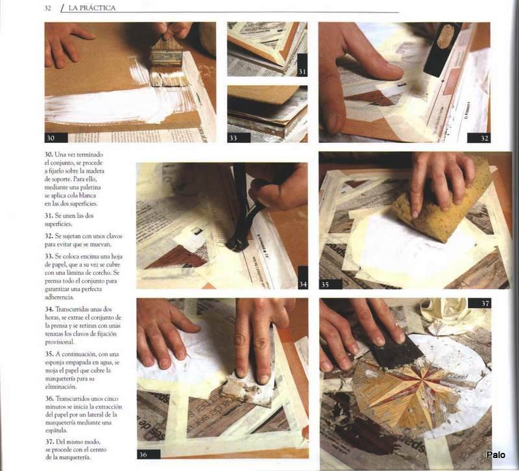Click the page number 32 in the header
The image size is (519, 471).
coord(47,8)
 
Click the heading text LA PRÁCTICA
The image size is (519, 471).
coord(91,8)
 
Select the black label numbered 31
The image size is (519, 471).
coord(302,66)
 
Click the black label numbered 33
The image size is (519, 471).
coord(239,138)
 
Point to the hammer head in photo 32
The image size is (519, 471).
coord(442,49)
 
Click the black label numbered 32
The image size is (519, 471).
coord(479,138)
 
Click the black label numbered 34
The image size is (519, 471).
coord(303,277)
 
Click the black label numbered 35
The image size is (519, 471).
coord(331,285)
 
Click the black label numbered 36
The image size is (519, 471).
coord(149,454)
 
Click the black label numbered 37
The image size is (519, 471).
coord(479,303)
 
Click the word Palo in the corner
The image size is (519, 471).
coord(496,455)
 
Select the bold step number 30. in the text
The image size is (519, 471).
coord(49,155)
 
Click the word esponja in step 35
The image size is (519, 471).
coord(55,363)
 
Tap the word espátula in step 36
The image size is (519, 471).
coord(56,430)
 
